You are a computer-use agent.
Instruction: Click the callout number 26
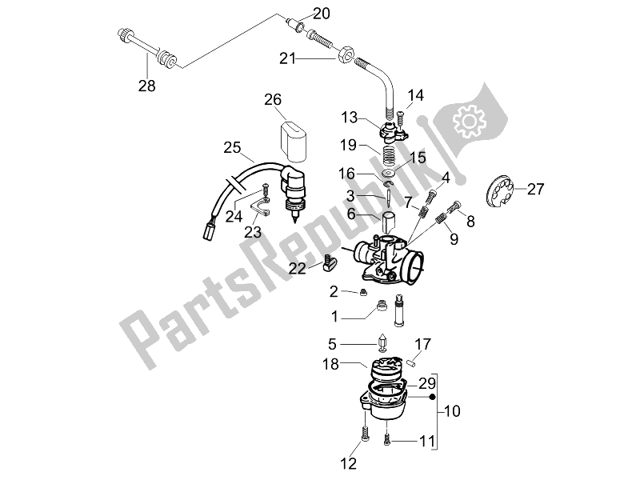pyautogui.click(x=274, y=100)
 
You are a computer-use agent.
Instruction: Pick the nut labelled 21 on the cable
pyautogui.click(x=346, y=55)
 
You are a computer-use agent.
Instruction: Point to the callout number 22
pyautogui.click(x=298, y=269)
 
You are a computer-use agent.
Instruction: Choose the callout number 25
pyautogui.click(x=232, y=148)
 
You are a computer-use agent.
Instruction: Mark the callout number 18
pyautogui.click(x=334, y=363)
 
